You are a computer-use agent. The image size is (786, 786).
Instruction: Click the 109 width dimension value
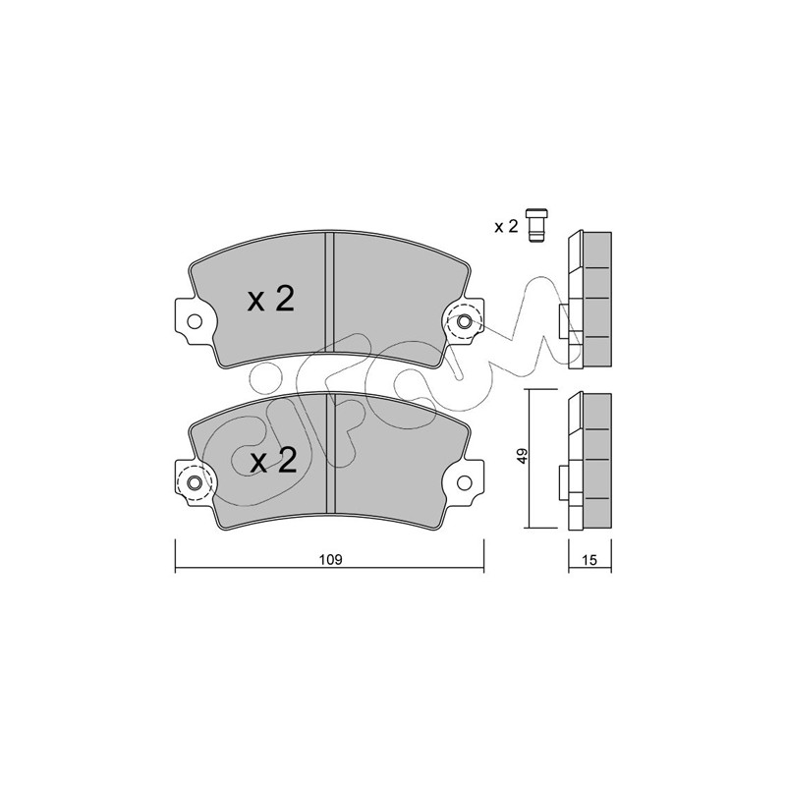[x=331, y=559]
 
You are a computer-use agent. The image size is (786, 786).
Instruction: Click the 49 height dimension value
[x=522, y=456]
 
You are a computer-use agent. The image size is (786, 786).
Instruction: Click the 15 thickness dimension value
[x=590, y=560]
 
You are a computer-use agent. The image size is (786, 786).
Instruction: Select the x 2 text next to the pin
[x=506, y=227]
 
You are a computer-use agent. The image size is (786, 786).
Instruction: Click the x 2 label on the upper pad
[x=271, y=300]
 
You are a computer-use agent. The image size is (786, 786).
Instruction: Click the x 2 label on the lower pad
[x=274, y=461]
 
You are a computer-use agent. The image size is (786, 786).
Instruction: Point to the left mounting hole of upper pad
[x=194, y=321]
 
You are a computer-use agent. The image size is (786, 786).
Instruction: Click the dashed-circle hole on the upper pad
[x=464, y=321]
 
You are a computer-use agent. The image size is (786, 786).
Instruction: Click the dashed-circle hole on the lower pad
[x=195, y=482]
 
